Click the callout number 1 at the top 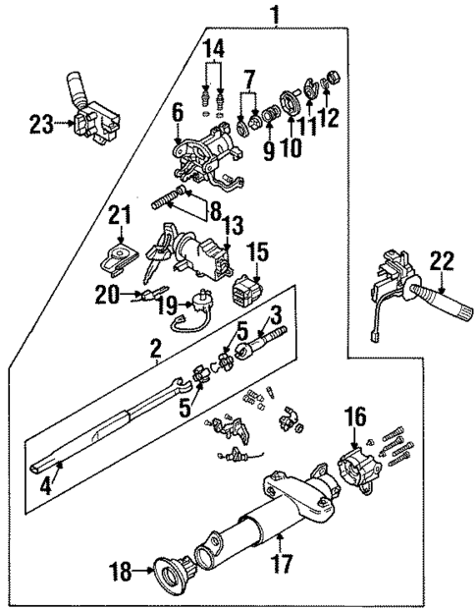coord(275,14)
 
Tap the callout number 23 coord(40,124)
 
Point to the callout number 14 coord(214,46)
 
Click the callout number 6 coord(177,115)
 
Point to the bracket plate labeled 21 coord(119,257)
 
